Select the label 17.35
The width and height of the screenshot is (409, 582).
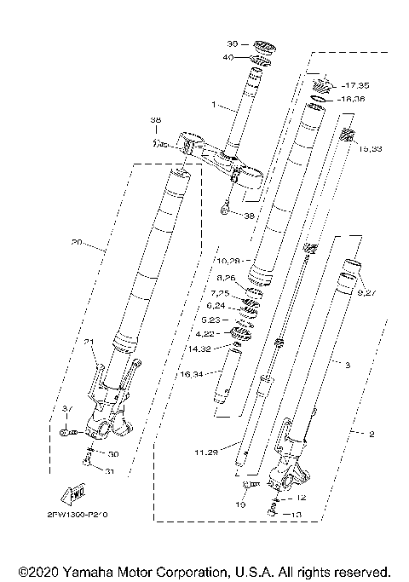coord(356,86)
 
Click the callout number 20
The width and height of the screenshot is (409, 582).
coord(78,241)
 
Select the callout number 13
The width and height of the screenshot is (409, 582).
coord(297,514)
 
